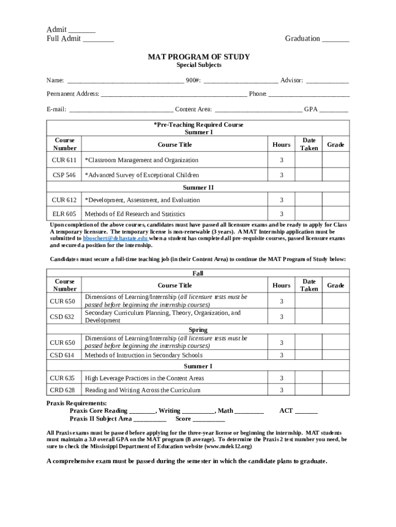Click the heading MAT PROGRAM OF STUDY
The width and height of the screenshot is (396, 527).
click(x=199, y=57)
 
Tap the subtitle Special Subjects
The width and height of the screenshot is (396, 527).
click(x=199, y=65)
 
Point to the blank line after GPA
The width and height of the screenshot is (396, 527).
click(x=334, y=110)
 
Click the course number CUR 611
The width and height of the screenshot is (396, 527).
click(x=64, y=161)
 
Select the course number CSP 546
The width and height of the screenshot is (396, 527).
click(x=64, y=175)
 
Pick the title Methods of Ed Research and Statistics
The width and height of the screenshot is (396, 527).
click(x=135, y=214)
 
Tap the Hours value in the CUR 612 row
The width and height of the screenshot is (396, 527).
click(x=281, y=200)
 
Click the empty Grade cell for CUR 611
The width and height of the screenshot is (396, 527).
click(x=335, y=161)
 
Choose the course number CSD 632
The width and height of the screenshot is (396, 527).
click(x=62, y=317)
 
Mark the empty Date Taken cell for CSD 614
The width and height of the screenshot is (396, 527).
click(x=309, y=355)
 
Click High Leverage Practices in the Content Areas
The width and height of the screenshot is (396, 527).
click(x=145, y=378)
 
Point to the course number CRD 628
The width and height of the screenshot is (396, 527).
click(x=62, y=391)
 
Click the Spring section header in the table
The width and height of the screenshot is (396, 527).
click(x=198, y=330)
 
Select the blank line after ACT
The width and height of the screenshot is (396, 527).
click(x=307, y=411)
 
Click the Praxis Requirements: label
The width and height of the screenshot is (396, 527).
click(x=77, y=403)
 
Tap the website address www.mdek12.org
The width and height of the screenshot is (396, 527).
click(x=225, y=447)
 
